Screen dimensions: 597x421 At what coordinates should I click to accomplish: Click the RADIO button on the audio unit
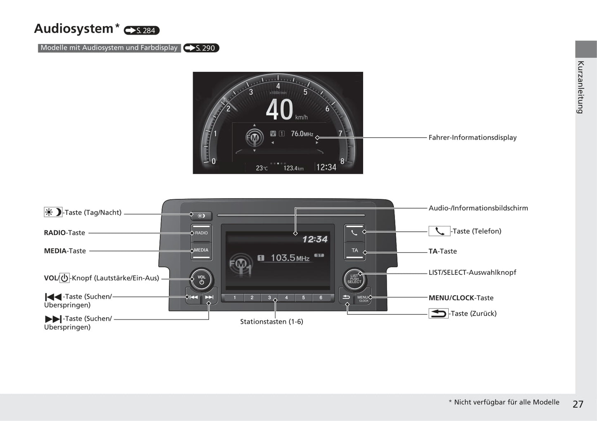[x=201, y=233]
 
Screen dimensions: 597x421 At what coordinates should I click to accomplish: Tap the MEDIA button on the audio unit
[x=201, y=251]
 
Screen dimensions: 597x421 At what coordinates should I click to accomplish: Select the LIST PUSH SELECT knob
[x=354, y=279]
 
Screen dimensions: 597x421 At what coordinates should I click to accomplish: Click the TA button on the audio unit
[x=355, y=250]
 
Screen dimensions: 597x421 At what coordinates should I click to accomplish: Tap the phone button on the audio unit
[x=354, y=233]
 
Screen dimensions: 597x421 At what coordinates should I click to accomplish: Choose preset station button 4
[x=286, y=297]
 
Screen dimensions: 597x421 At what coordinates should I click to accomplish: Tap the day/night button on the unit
[x=201, y=216]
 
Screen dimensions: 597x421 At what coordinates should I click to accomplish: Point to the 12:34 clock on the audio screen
[x=315, y=239]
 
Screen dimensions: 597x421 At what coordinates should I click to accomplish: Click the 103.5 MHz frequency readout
[x=290, y=258]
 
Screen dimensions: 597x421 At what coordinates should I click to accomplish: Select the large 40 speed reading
[x=279, y=109]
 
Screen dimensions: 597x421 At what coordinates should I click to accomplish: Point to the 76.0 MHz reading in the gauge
[x=302, y=133]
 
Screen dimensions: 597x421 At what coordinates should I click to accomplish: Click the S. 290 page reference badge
[x=201, y=48]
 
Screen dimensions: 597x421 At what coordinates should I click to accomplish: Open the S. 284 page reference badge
[x=142, y=31]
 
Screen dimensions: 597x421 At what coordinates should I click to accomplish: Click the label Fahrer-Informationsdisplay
[x=473, y=138]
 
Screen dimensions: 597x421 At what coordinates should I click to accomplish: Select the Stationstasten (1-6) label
[x=271, y=321]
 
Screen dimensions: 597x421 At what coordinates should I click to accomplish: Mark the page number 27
[x=578, y=404]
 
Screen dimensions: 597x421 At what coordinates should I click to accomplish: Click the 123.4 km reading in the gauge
[x=293, y=168]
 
